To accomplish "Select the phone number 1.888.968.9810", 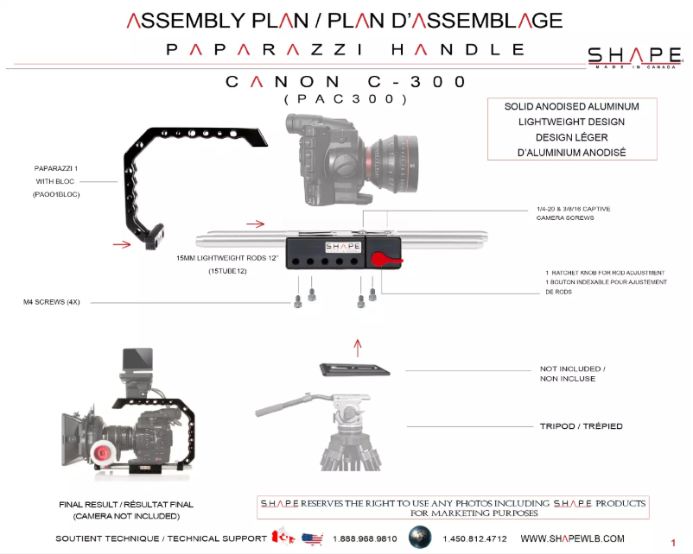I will pyautogui.click(x=365, y=538).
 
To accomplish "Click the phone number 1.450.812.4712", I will pyautogui.click(x=474, y=538).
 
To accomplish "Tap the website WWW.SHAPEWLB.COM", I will pyautogui.click(x=572, y=538).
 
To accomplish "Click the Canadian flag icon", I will pyautogui.click(x=283, y=538).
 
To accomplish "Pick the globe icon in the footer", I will pyautogui.click(x=420, y=537).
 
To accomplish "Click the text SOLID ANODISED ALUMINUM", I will pyautogui.click(x=572, y=106).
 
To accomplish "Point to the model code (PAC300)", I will pyautogui.click(x=345, y=100).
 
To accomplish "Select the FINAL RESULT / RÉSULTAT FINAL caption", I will pyautogui.click(x=126, y=504).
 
